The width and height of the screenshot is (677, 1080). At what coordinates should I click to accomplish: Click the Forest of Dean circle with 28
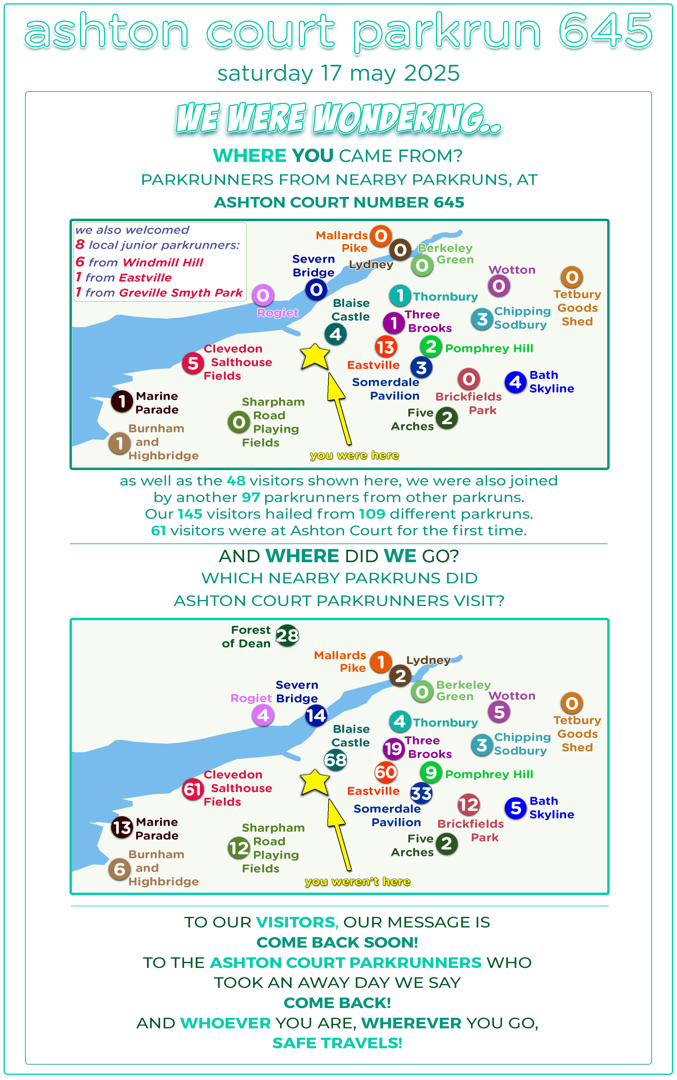pos(287,635)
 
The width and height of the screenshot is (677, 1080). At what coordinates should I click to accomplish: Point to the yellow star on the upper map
pos(315,356)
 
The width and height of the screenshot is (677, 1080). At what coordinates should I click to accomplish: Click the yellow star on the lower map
pos(315,782)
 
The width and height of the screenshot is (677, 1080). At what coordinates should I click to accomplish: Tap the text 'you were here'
pos(354,455)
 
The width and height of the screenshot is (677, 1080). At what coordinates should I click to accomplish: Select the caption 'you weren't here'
pos(357,881)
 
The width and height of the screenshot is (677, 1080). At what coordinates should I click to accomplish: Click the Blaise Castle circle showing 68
pos(335,760)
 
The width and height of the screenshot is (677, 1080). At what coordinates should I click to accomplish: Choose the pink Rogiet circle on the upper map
pos(263,295)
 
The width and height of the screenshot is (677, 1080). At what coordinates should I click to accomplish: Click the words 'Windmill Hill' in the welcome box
pos(163,263)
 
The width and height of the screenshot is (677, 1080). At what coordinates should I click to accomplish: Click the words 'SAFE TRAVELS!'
pos(337,1043)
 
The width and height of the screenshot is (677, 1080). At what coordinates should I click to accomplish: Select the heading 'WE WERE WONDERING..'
pos(338,118)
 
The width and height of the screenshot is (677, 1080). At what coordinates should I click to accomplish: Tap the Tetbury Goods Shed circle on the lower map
pos(572,703)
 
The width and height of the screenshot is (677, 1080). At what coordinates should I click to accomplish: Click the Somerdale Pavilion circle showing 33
pos(421,793)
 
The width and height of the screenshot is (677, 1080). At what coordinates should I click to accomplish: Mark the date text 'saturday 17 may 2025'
pos(338,73)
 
